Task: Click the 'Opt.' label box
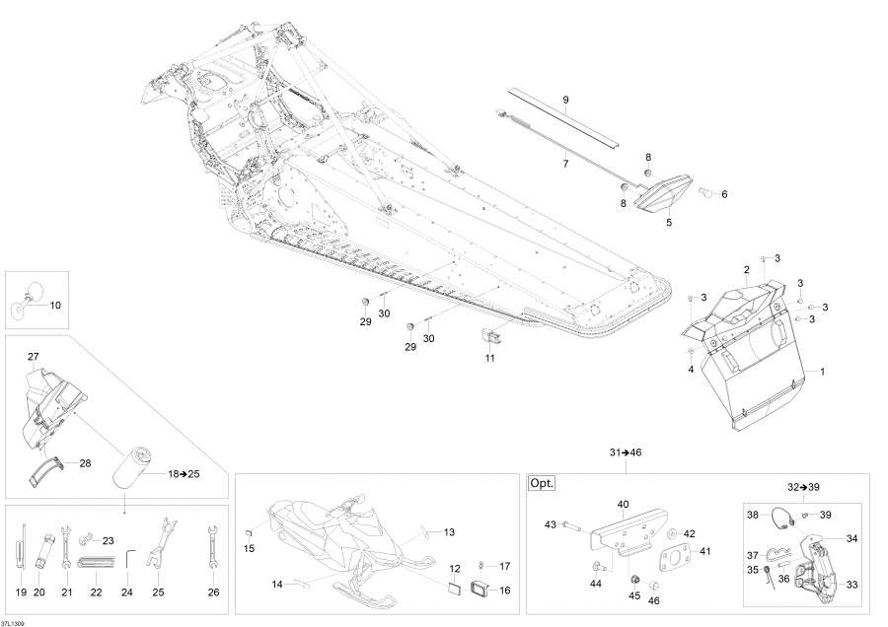542,484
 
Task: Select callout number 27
34,357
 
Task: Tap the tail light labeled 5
664,192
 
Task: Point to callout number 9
565,101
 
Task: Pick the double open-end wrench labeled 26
213,549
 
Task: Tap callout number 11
489,358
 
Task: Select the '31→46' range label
626,453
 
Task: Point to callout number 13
449,532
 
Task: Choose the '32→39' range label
803,487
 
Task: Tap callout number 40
623,504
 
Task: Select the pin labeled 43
571,526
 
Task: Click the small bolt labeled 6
705,192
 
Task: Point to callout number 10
55,305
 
